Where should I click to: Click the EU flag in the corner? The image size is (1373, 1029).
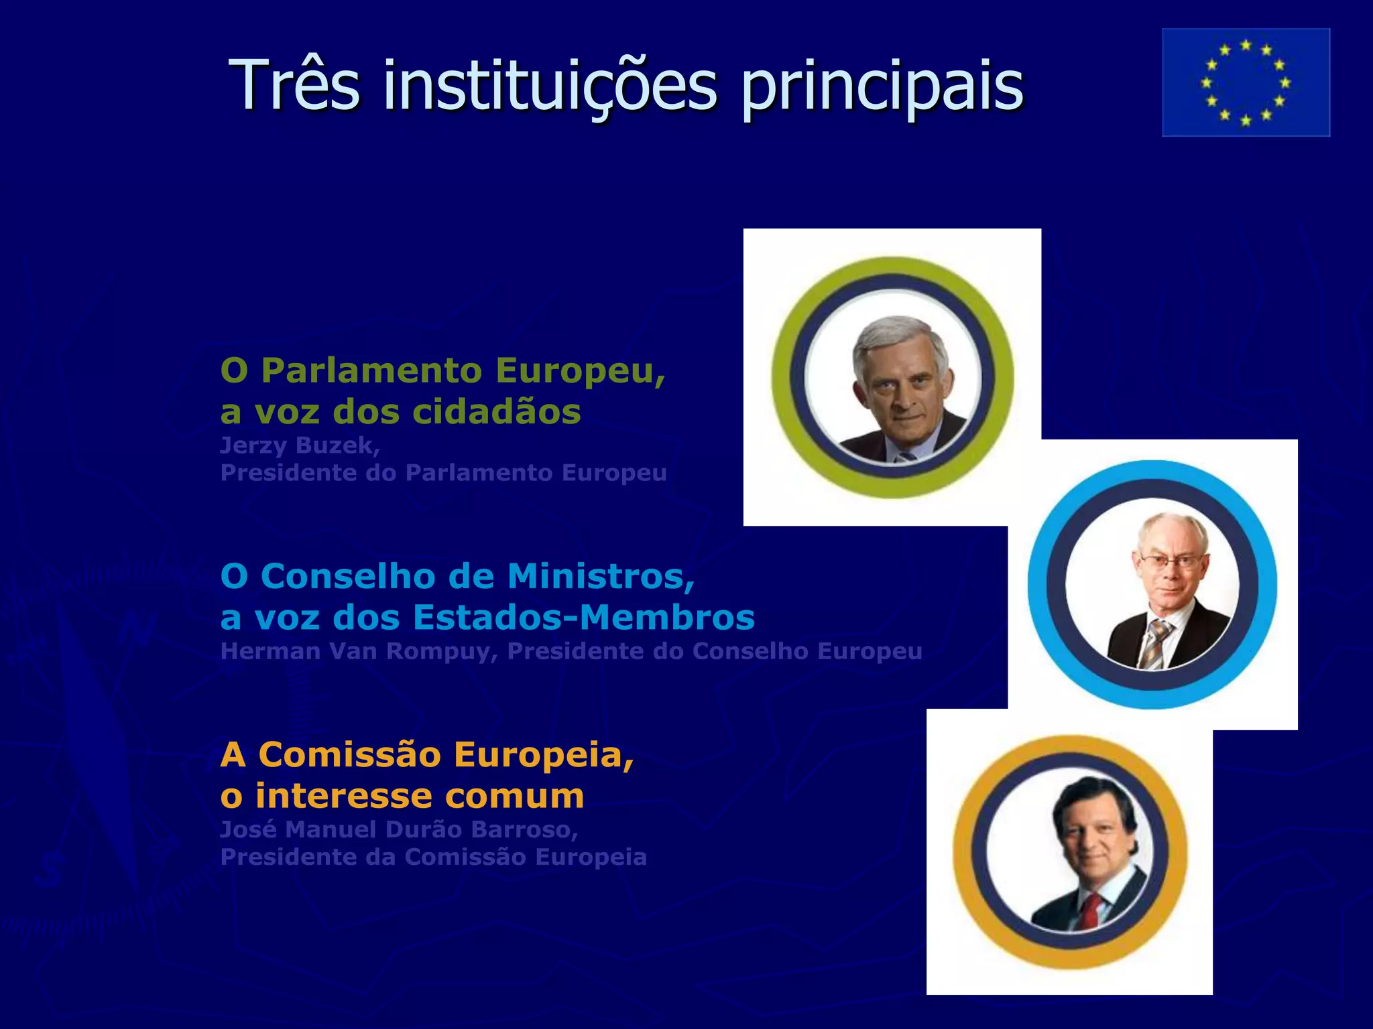[1246, 82]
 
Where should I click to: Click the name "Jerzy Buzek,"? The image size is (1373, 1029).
[300, 445]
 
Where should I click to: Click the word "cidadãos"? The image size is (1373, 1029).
[496, 411]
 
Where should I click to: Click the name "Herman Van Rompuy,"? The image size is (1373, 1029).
[359, 651]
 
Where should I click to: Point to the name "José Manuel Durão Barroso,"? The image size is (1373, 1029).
[399, 829]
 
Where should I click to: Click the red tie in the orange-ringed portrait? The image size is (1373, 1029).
[1092, 908]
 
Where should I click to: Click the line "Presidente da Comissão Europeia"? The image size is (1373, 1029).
[433, 857]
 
